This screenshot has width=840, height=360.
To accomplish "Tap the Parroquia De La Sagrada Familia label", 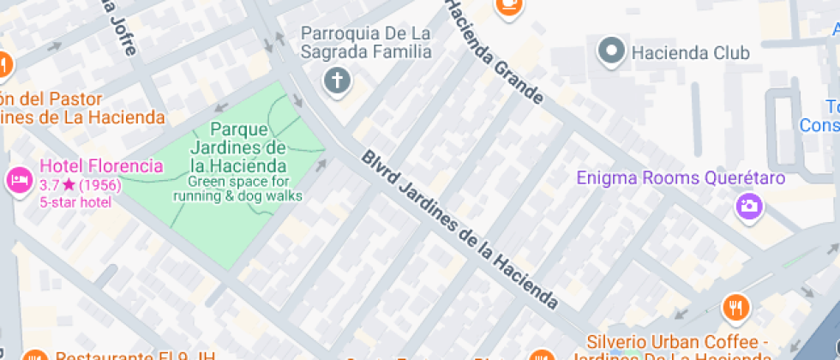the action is click(x=365, y=42).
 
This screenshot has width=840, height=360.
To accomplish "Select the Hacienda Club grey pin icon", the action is click(x=611, y=51).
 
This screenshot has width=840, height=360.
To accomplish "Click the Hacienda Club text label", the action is click(x=690, y=53).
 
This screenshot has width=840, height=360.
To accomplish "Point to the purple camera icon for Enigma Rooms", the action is click(x=748, y=205).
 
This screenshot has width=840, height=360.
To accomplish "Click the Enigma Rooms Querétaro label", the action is click(x=681, y=179).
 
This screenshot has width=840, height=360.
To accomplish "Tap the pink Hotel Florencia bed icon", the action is click(x=18, y=180).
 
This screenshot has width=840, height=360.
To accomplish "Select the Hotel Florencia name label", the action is click(x=100, y=165).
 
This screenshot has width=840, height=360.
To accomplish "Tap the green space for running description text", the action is click(x=237, y=189).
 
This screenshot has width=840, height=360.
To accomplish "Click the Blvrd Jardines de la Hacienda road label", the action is click(x=459, y=229).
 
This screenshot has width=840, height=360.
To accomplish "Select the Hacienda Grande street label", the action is click(x=495, y=52).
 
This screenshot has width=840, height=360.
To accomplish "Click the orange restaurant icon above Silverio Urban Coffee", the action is click(x=735, y=306).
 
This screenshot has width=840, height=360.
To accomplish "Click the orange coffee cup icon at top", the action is click(x=509, y=5).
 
